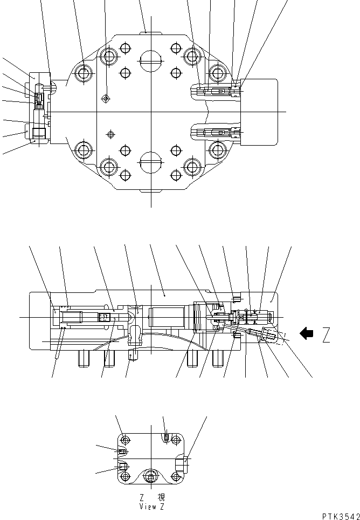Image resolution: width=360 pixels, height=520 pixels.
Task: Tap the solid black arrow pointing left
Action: click(x=307, y=334)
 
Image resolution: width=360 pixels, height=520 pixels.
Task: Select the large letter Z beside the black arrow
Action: click(x=326, y=336)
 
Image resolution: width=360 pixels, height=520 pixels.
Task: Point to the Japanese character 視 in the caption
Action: click(x=161, y=498)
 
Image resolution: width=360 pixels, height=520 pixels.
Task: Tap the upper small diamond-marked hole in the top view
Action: click(x=106, y=98)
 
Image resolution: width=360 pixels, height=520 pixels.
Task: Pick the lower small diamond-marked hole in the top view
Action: click(x=112, y=133)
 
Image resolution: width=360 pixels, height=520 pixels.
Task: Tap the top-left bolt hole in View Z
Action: click(x=125, y=438)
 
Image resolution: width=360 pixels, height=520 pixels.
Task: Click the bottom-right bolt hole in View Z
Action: click(x=175, y=476)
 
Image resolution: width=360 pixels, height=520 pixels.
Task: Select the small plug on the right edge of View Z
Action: click(x=186, y=460)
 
